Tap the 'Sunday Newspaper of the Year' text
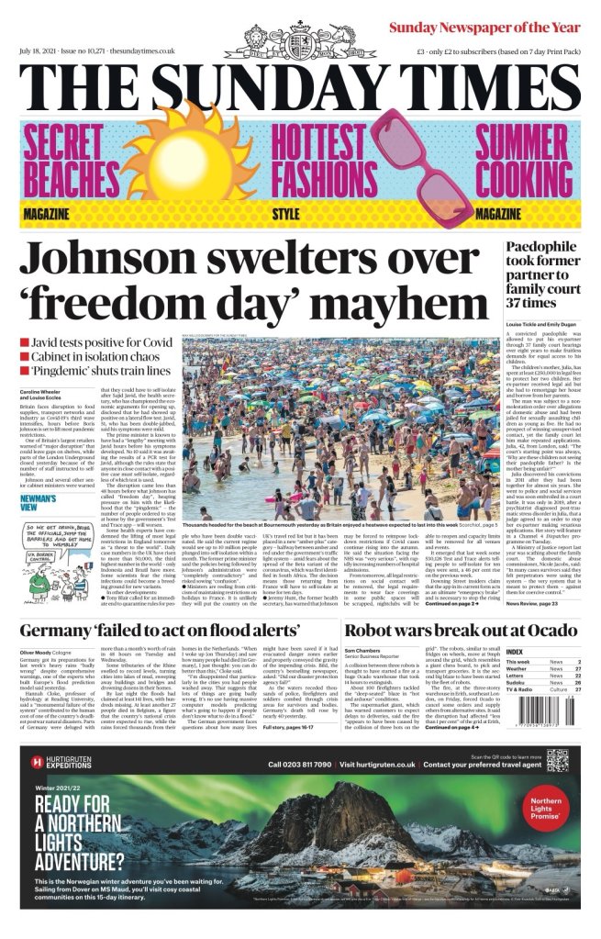[x=487, y=28]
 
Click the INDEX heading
[x=516, y=651]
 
